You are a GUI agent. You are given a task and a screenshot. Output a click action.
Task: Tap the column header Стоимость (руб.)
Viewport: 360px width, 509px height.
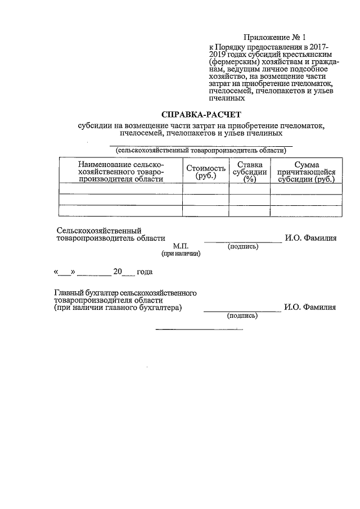coord(205,172)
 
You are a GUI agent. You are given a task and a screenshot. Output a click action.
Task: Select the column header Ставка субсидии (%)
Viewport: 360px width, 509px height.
coord(250,172)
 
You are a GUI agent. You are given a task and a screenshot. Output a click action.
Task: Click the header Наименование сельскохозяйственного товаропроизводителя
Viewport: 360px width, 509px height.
coord(121,171)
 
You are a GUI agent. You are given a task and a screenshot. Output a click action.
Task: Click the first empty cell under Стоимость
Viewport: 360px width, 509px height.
coord(205,189)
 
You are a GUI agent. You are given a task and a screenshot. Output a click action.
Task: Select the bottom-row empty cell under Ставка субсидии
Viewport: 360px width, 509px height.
coord(250,210)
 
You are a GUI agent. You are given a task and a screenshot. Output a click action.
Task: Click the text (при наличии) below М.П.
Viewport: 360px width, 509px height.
coord(181,254)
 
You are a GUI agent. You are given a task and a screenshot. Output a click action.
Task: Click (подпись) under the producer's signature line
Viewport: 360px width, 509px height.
coord(242,246)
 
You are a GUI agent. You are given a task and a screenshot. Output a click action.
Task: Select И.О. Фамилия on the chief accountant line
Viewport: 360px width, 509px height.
coord(310,307)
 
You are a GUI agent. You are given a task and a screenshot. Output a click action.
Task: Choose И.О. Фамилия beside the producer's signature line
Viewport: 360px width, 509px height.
coord(310,238)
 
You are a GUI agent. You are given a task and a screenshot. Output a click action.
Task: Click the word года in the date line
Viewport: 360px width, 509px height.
coord(145,272)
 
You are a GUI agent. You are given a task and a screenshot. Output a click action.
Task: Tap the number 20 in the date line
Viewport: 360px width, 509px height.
coord(118,272)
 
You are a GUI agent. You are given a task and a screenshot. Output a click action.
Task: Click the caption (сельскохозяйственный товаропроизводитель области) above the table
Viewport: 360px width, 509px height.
coord(201,151)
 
